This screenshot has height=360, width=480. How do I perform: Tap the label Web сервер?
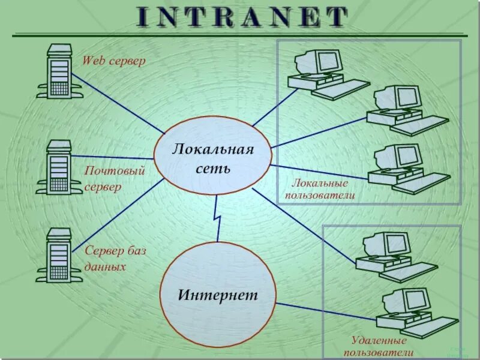point(113,61)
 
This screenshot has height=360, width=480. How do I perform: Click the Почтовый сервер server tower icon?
point(59,167)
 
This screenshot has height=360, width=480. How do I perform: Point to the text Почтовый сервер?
point(114,179)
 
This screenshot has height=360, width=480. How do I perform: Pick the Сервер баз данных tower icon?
point(59,256)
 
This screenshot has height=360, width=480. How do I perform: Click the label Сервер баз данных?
point(115,258)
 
